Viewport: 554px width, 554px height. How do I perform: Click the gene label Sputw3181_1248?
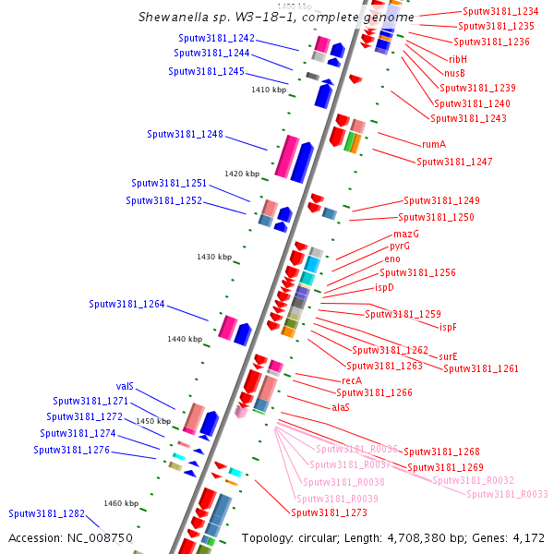pos(185,135)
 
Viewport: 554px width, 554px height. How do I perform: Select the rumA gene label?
pos(434,144)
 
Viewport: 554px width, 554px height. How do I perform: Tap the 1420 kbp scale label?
pos(242,174)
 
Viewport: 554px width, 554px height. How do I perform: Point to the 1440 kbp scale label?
pos(185,339)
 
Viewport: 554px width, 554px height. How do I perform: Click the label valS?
pos(126,386)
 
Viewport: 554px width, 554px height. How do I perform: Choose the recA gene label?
pos(352,380)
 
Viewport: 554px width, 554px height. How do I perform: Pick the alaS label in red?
pos(341,407)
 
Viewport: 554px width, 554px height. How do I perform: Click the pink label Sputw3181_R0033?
pos(507,494)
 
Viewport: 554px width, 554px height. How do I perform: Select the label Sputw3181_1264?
pos(126,305)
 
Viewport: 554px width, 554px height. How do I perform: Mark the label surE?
pos(448,356)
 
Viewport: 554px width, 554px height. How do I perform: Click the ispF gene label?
pos(448,327)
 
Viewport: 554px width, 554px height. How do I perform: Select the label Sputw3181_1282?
pos(46,513)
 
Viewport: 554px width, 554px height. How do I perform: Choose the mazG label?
pos(406,234)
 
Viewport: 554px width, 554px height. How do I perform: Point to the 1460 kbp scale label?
pos(120,503)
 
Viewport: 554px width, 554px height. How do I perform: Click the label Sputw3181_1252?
pos(163,200)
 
